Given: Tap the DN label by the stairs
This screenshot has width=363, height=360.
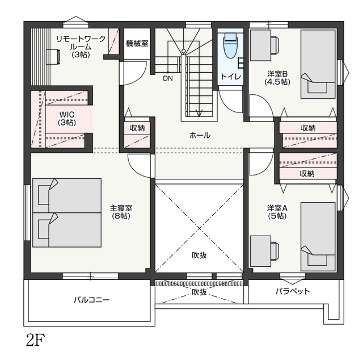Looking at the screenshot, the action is [x=168, y=78].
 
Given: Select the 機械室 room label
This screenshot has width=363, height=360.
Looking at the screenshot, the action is [x=137, y=43].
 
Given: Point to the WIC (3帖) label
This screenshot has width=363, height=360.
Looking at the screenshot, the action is [x=67, y=118].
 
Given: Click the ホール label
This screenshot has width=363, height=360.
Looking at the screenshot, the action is [x=200, y=135].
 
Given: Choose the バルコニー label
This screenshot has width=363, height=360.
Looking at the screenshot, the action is [x=91, y=300].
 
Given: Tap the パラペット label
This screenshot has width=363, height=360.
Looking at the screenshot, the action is [x=293, y=291].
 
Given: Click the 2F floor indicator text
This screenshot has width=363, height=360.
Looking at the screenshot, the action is [x=35, y=340].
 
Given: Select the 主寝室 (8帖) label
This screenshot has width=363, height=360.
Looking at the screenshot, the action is [x=121, y=212].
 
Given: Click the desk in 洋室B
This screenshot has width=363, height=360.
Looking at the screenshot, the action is [x=261, y=45].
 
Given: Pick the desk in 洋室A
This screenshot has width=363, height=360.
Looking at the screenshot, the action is [x=261, y=252].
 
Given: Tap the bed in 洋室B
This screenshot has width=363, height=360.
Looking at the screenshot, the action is [x=318, y=64].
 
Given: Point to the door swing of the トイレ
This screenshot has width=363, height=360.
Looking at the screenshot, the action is [x=230, y=102].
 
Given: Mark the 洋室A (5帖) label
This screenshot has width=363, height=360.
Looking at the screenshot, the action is [x=277, y=212].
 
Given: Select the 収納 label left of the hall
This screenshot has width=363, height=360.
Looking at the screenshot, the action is [x=137, y=128].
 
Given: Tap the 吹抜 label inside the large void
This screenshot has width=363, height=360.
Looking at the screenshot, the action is [x=199, y=255].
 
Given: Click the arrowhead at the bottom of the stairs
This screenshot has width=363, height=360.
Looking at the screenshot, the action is [x=199, y=112].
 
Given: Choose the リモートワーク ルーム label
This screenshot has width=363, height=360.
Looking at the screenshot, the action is [x=81, y=47].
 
